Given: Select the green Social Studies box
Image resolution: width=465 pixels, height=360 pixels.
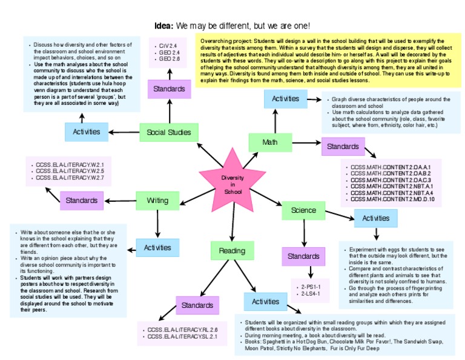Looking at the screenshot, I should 169,132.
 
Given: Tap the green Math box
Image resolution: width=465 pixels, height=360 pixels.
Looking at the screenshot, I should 270,142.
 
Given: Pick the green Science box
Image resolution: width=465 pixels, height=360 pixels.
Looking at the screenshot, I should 303,210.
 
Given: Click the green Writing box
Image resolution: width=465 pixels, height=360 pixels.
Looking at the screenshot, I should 157,200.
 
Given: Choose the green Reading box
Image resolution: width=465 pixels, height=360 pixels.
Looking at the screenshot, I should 232,250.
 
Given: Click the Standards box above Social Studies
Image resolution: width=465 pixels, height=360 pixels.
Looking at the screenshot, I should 169,88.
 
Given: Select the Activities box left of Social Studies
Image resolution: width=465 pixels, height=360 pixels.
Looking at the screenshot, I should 86,132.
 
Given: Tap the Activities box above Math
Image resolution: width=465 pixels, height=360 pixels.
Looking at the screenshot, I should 285,98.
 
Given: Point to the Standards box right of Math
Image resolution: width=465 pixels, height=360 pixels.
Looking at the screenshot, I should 343,146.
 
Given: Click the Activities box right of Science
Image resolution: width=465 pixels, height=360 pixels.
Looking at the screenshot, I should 376,218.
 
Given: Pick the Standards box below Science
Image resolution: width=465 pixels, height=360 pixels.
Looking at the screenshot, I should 303,256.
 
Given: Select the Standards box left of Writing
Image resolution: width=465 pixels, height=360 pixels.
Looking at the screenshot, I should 82,200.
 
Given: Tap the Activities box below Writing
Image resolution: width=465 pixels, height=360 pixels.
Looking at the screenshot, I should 157,247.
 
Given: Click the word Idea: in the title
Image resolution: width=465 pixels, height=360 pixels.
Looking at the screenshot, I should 163,26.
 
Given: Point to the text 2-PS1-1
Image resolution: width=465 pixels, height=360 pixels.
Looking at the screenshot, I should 311,285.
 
